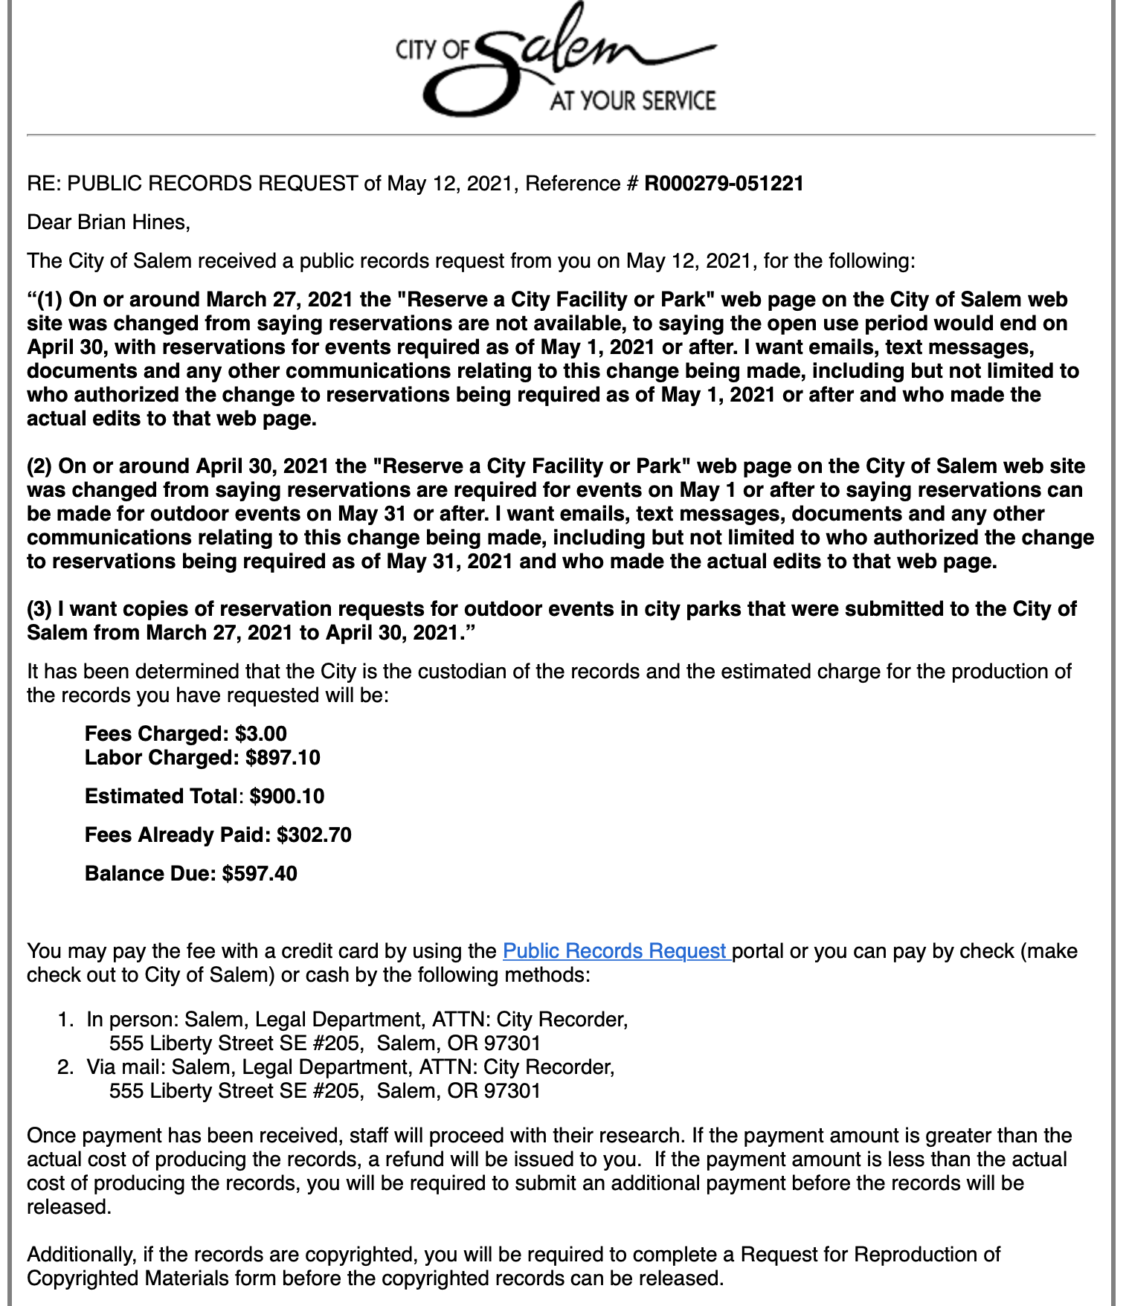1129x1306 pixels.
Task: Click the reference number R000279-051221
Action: (724, 184)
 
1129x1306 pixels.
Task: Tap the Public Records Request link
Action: (617, 951)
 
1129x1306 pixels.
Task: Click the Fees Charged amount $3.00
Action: (261, 734)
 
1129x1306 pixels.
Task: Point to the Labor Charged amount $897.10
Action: (283, 758)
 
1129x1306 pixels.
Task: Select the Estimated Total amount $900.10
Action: (287, 797)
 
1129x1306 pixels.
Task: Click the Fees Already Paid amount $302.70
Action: (314, 835)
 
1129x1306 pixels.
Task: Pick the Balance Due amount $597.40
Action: (260, 874)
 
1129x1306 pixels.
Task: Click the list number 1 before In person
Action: (65, 1020)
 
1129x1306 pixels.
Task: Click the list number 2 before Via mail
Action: (65, 1067)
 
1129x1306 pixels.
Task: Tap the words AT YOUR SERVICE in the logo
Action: (632, 101)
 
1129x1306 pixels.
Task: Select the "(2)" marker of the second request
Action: (39, 466)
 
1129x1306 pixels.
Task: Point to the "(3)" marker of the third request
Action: (39, 609)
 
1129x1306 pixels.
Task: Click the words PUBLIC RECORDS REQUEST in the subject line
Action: (212, 184)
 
